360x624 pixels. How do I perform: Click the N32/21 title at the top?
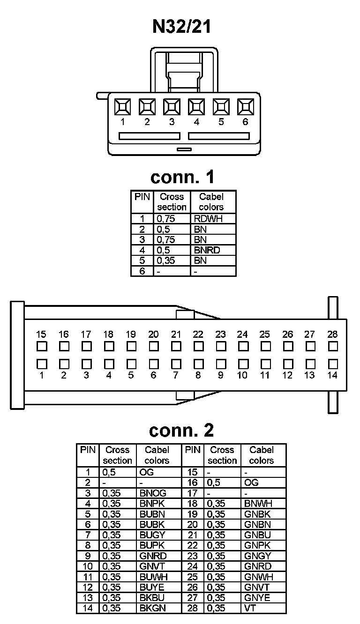pos(182,27)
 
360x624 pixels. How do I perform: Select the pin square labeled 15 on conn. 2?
pos(41,347)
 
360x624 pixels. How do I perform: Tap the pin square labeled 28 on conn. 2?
pos(333,347)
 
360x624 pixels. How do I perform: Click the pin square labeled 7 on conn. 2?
pos(176,364)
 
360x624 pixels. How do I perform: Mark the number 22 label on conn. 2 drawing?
pos(198,334)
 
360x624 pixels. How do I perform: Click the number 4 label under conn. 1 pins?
pos(196,122)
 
